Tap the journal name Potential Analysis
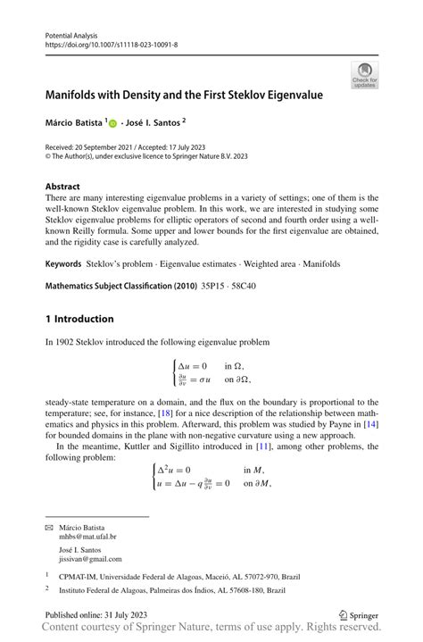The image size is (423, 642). [x=73, y=33]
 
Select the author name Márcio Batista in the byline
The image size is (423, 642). [x=74, y=121]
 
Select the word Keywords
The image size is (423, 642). [x=63, y=264]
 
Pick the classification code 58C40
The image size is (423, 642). [x=253, y=288]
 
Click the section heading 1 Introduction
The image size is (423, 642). [x=79, y=319]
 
